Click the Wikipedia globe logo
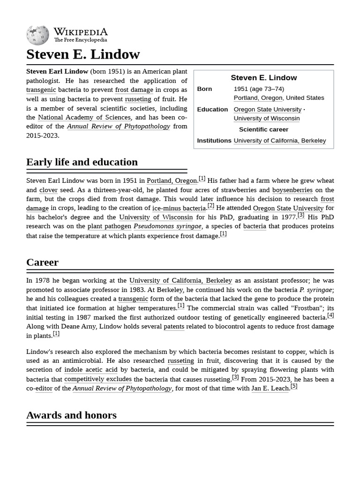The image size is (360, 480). [x=37, y=35]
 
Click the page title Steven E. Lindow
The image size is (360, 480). [x=83, y=54]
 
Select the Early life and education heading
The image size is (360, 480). [x=82, y=162]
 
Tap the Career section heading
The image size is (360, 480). [x=42, y=262]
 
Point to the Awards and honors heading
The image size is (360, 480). [x=71, y=415]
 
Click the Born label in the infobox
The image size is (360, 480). [x=204, y=89]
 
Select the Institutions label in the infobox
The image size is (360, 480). [x=214, y=141]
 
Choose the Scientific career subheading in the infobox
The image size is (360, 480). [x=263, y=129]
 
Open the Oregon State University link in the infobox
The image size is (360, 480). [x=267, y=109]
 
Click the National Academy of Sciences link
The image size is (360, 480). [x=84, y=117]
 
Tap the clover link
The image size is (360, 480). [x=48, y=190]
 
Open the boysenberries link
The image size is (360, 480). [x=292, y=190]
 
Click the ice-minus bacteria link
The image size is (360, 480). [x=179, y=208]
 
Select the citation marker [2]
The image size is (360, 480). [x=211, y=206]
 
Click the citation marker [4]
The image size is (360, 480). [x=330, y=315]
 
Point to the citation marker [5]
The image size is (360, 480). [x=294, y=386]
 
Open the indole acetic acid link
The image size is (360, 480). [x=91, y=370]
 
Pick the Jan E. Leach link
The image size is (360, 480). [x=270, y=388]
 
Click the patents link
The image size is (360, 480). [x=173, y=327]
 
